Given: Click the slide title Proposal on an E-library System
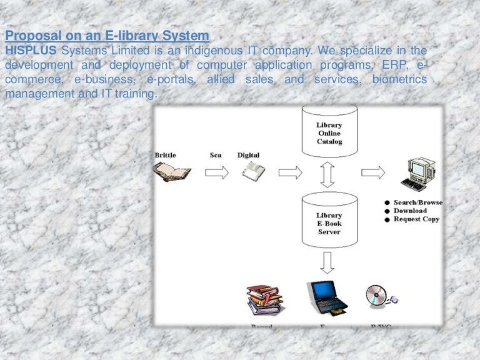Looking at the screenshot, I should pyautogui.click(x=107, y=36).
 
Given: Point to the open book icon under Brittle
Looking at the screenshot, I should pyautogui.click(x=171, y=172).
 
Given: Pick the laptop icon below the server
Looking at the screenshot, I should pyautogui.click(x=326, y=298).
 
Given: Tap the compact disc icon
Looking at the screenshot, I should pyautogui.click(x=377, y=296).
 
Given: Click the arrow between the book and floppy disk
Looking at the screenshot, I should pyautogui.click(x=217, y=172).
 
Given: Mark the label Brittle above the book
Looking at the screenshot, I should pyautogui.click(x=166, y=155).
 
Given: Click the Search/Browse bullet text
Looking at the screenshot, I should pyautogui.click(x=417, y=202).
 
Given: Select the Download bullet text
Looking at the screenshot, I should pyautogui.click(x=410, y=211).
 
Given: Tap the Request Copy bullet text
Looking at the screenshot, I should pyautogui.click(x=416, y=219).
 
